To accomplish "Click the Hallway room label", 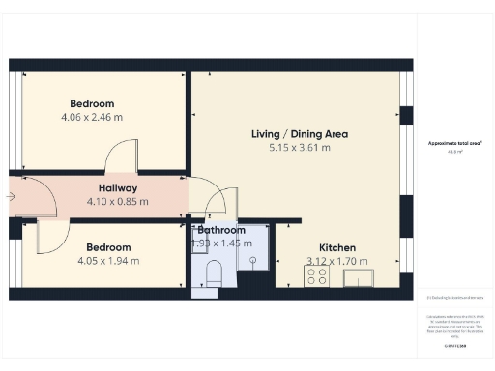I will point(117,187).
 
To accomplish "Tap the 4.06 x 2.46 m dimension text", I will point(92,117).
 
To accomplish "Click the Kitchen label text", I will point(337,247).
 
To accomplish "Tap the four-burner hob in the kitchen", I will point(316,275).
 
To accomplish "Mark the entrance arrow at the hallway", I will point(10,196).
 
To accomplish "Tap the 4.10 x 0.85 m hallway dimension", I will point(117,202).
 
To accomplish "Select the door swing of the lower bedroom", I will point(51,236).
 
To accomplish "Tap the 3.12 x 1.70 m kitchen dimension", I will point(337,261).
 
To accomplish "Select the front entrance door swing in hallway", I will point(31,196).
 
